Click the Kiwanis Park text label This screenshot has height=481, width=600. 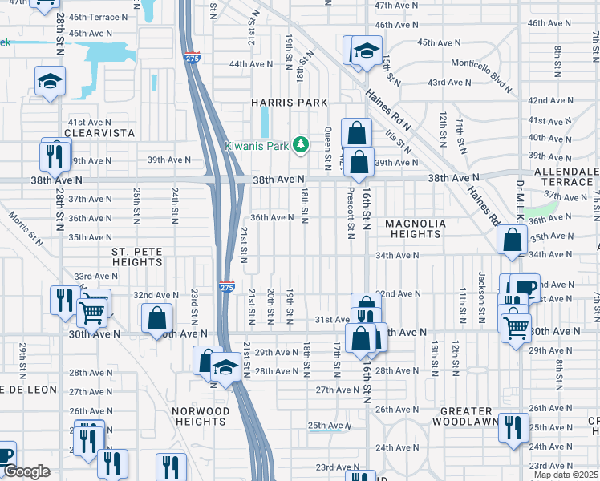pos(254,144)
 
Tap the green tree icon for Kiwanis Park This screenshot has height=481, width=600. pos(301,144)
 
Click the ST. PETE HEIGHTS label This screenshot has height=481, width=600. pos(136,257)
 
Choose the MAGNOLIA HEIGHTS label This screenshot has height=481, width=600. pos(412,228)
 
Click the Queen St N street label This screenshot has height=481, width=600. pos(327,148)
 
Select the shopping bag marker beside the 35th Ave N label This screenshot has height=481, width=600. pos(512,240)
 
